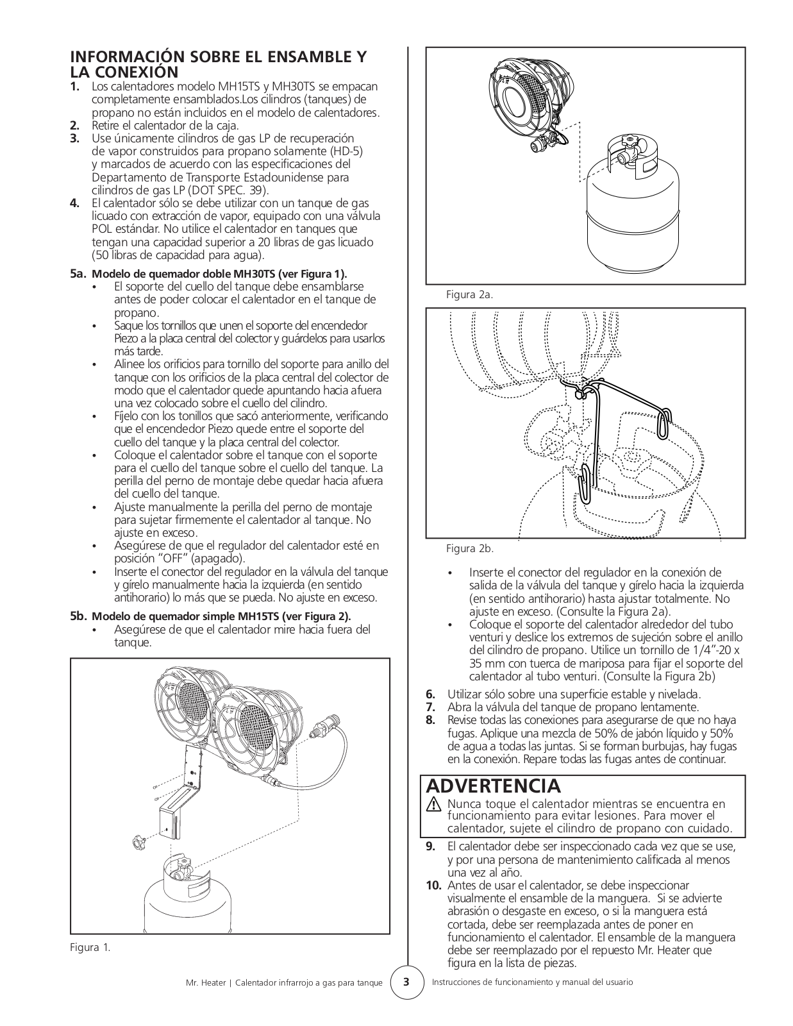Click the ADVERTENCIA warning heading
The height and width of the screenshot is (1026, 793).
point(493,786)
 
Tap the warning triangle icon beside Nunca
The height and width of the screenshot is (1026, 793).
point(435,804)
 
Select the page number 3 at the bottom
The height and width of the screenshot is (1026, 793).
point(405,982)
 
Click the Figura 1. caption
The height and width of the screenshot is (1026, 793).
point(90,947)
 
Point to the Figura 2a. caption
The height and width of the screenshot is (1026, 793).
point(469,294)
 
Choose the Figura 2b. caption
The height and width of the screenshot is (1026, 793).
point(469,549)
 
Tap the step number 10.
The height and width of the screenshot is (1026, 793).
point(434,886)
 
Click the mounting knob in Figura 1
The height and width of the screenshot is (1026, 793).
point(137,841)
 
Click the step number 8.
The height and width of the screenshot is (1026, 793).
point(430,720)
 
